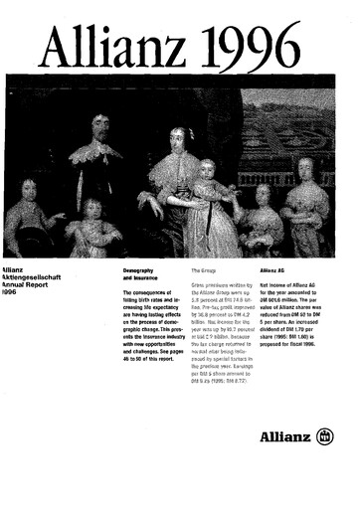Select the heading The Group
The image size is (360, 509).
click(x=203, y=269)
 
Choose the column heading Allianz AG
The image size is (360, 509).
click(x=276, y=269)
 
